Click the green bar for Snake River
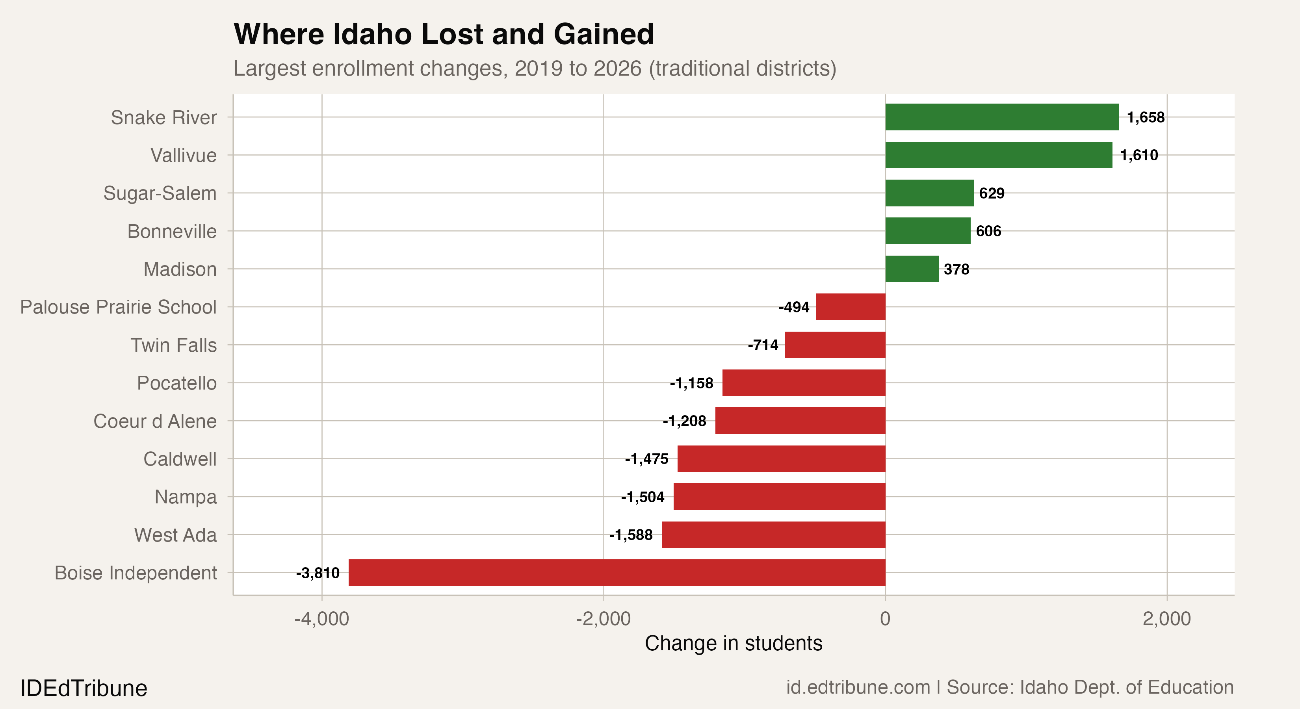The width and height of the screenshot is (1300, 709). tap(1002, 117)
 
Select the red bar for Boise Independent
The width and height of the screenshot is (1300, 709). tap(617, 572)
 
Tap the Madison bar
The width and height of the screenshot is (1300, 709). tap(912, 269)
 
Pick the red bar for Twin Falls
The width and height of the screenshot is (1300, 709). tap(835, 345)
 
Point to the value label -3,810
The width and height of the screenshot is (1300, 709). tap(318, 573)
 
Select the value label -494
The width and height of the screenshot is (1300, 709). tap(794, 307)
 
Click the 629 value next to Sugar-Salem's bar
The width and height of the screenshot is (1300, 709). tap(992, 193)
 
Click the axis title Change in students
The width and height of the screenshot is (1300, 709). tap(733, 643)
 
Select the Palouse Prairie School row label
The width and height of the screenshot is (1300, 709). tap(118, 307)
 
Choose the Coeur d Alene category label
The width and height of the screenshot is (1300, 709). tap(155, 421)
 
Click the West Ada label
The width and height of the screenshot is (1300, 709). tap(175, 535)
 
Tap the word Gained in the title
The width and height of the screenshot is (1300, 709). tap(603, 34)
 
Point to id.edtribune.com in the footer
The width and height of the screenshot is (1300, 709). tap(858, 687)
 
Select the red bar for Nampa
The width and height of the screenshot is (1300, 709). tap(779, 497)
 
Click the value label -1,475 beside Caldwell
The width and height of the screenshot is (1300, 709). tap(646, 459)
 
